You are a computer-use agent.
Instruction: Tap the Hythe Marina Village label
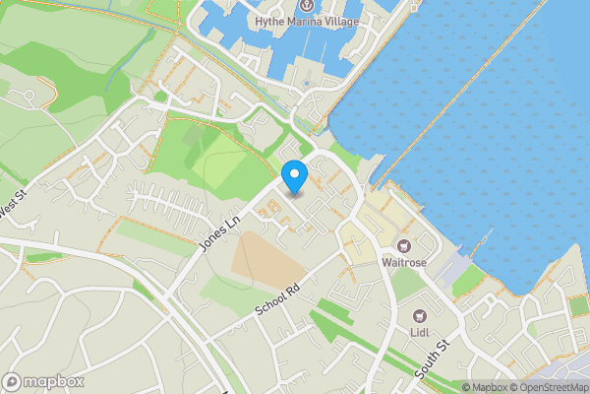click(307, 22)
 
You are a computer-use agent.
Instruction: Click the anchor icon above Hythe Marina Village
click(306, 7)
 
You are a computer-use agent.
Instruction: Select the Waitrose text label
click(403, 262)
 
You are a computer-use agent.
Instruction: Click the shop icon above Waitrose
click(402, 245)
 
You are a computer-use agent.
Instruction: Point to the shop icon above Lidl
click(421, 316)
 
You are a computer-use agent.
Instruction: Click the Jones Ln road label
click(219, 233)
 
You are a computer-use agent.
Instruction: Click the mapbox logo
click(43, 381)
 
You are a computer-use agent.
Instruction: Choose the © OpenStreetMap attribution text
click(549, 387)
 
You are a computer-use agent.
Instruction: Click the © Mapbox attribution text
click(484, 387)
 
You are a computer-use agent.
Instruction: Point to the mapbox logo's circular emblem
click(12, 381)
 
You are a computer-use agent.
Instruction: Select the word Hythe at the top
click(270, 22)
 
